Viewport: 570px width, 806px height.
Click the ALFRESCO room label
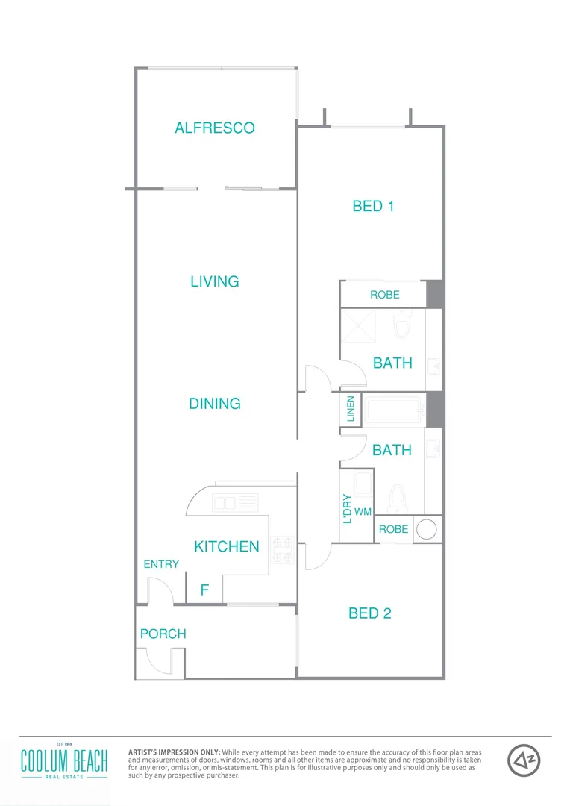[x=214, y=128]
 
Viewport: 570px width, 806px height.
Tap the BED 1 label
[x=373, y=206]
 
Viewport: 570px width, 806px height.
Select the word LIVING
[x=214, y=281]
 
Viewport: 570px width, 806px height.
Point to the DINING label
[x=214, y=404]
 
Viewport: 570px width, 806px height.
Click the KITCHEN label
[x=226, y=546]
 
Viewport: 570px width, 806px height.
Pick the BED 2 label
[x=370, y=613]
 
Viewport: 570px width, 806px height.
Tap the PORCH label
[x=163, y=634]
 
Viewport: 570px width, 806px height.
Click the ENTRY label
[x=161, y=564]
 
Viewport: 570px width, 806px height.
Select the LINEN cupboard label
[x=351, y=410]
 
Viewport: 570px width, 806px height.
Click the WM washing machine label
[x=363, y=512]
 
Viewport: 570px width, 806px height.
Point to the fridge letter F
[x=204, y=590]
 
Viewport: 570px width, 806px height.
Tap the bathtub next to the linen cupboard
[x=394, y=410]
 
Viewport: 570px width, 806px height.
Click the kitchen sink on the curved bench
[x=235, y=503]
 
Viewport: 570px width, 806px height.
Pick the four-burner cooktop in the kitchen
[x=284, y=549]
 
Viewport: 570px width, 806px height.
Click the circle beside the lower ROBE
[x=426, y=530]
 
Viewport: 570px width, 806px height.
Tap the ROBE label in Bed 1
[x=384, y=295]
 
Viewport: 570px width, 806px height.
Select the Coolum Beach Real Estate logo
[x=64, y=760]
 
